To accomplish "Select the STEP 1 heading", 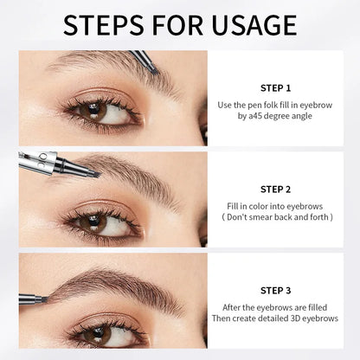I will click(x=276, y=87).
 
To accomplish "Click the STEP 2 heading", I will click(x=276, y=188).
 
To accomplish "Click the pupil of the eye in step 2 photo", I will click(x=87, y=221).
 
